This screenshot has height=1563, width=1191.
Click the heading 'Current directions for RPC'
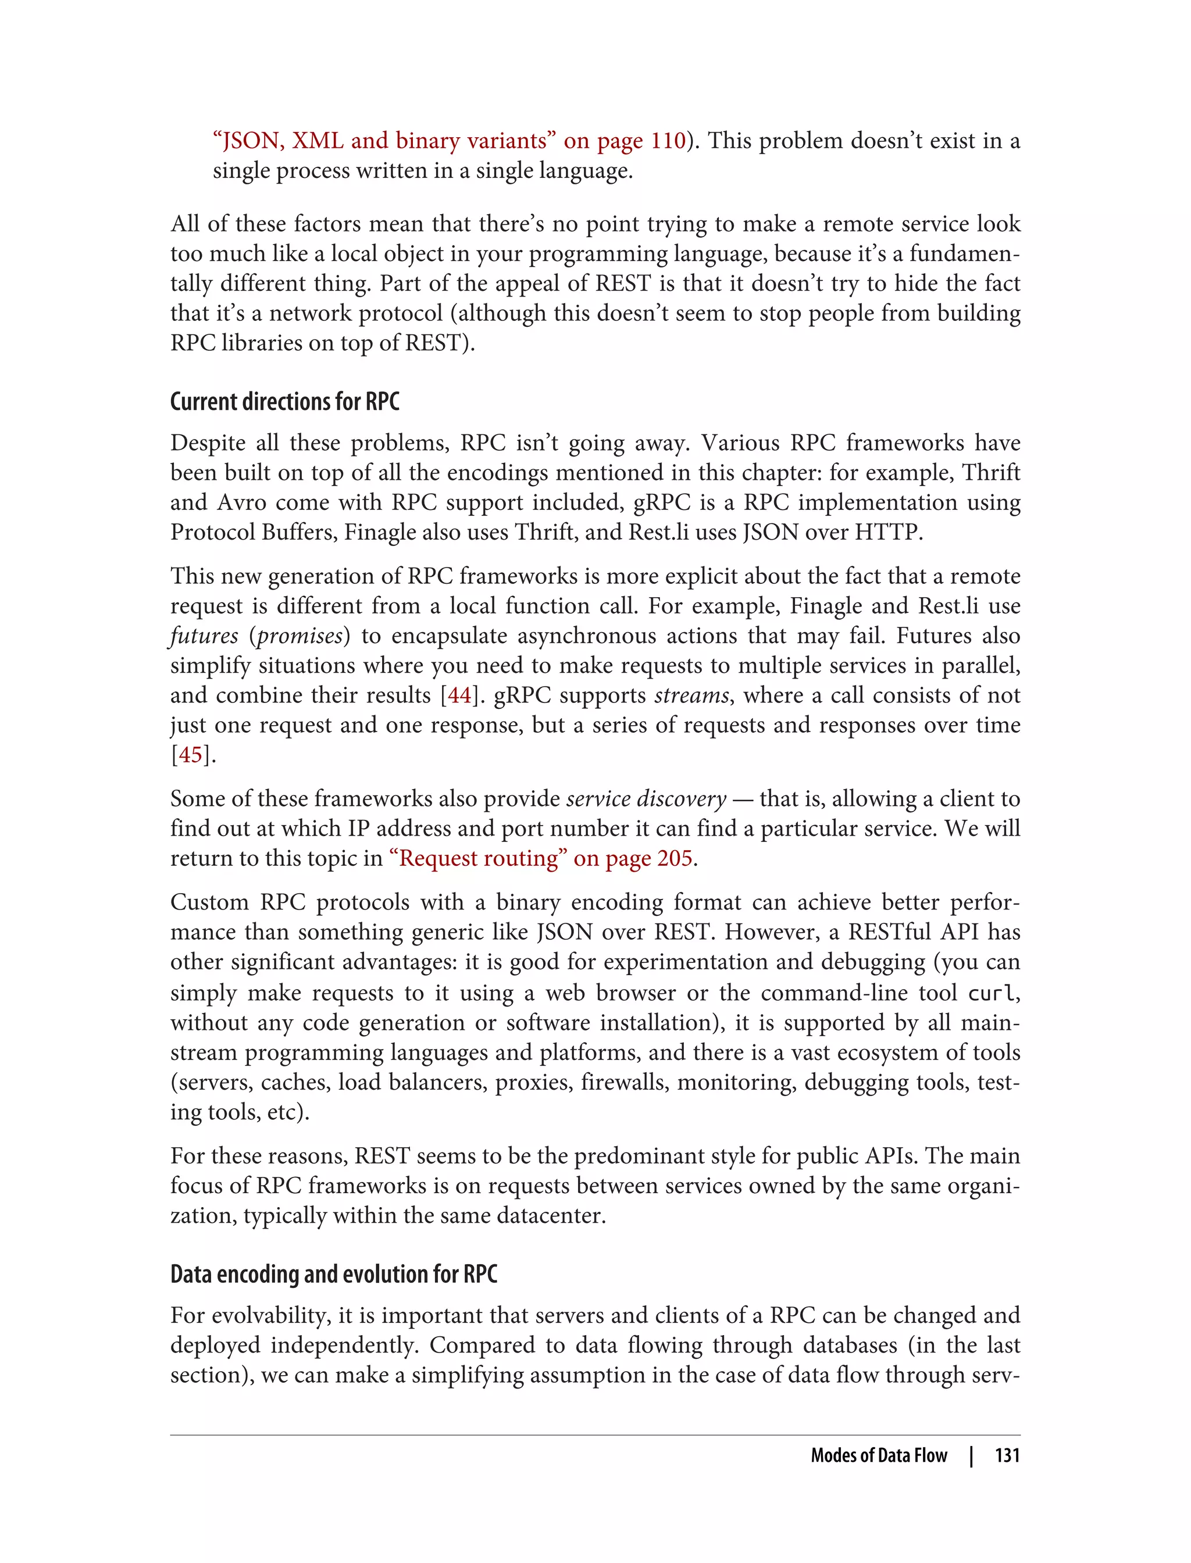coord(284,402)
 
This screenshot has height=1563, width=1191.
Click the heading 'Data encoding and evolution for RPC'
coord(333,1275)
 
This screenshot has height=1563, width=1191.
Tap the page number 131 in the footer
coord(1007,1455)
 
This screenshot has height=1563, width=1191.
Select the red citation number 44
coord(459,695)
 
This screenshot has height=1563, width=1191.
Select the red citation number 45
coord(190,755)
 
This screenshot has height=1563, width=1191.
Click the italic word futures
coord(204,636)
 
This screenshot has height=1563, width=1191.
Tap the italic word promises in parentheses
coord(300,636)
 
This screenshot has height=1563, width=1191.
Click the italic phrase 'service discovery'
coord(646,799)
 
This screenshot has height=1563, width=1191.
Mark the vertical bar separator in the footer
coord(971,1455)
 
